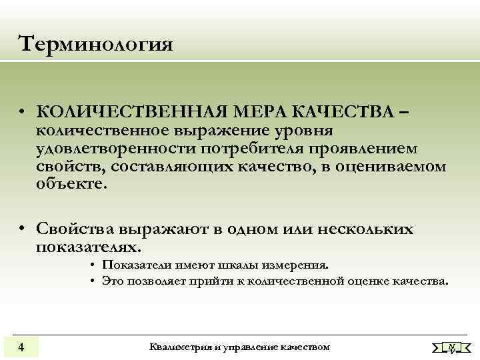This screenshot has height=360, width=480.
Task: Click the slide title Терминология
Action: click(96, 45)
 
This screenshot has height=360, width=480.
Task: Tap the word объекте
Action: click(71, 184)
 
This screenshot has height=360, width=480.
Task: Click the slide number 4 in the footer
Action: click(21, 347)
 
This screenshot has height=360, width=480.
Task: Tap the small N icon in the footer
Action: click(452, 347)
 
